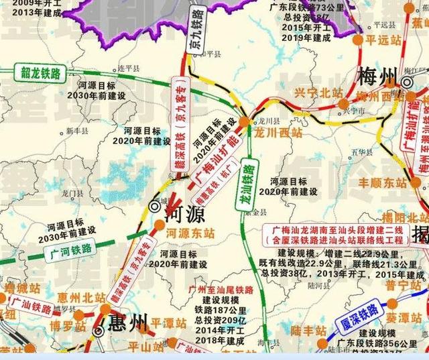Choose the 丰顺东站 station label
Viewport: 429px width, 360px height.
click(383, 182)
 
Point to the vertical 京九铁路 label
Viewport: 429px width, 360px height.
click(194, 33)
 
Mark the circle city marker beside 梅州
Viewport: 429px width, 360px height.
click(407, 82)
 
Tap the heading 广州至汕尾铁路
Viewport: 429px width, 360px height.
click(221, 290)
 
